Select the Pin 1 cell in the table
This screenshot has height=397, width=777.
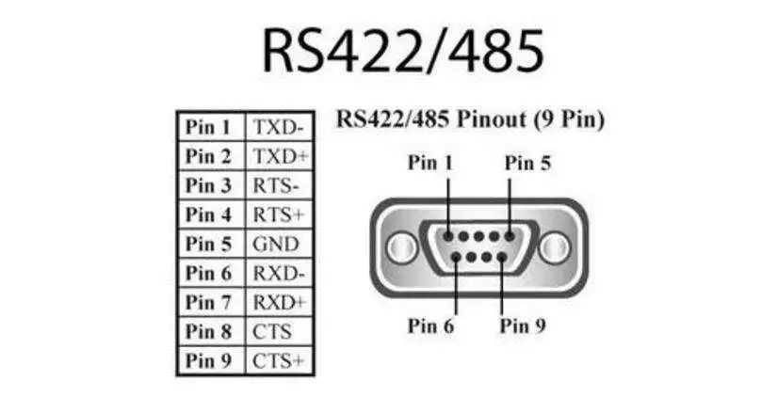tap(208, 127)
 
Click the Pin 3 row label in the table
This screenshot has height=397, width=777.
tap(208, 185)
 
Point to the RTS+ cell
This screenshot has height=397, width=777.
tap(277, 214)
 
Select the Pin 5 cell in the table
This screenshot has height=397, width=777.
tap(208, 244)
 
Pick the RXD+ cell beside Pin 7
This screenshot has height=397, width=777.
tap(278, 302)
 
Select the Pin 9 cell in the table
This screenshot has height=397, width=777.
tap(208, 360)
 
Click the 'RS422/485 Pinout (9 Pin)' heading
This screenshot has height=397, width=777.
tap(470, 120)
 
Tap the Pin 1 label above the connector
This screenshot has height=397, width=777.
tap(430, 163)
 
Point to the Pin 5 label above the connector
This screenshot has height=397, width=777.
tap(528, 163)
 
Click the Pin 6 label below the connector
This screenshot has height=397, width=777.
tap(430, 326)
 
